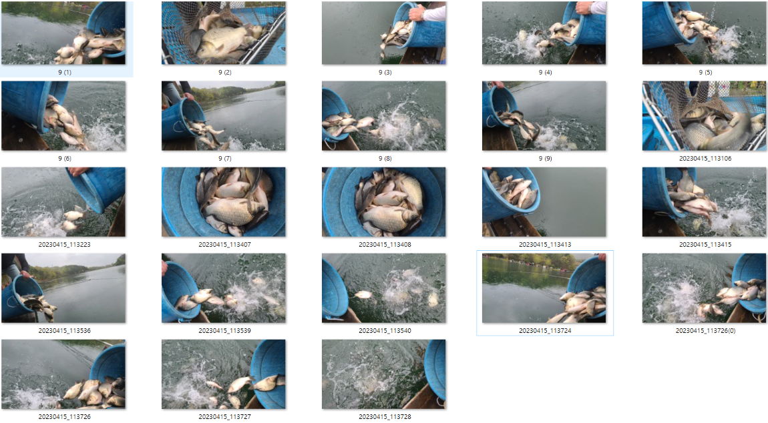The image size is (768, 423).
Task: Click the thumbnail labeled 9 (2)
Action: (224, 33)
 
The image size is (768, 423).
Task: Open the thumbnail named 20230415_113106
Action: (705, 116)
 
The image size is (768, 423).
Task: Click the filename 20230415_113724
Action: (545, 331)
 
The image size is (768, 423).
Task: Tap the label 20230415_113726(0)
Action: (705, 331)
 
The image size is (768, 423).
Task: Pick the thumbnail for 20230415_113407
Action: (224, 202)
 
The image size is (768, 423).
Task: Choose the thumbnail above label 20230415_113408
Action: (384, 202)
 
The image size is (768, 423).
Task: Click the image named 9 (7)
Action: (224, 116)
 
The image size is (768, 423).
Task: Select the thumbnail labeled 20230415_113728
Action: (384, 374)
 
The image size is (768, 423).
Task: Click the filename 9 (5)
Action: (705, 73)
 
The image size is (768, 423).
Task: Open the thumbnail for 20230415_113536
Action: (63, 288)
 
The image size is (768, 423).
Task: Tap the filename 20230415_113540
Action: (385, 331)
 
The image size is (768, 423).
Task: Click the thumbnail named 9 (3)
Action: (384, 33)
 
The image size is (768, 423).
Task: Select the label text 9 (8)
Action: (385, 159)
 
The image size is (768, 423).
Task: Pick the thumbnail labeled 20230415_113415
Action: (705, 202)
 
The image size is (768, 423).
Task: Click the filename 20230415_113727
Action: (225, 416)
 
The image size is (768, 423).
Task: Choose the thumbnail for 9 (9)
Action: (544, 116)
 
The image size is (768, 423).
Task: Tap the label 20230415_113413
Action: (545, 245)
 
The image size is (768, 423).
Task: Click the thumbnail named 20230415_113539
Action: (224, 288)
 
